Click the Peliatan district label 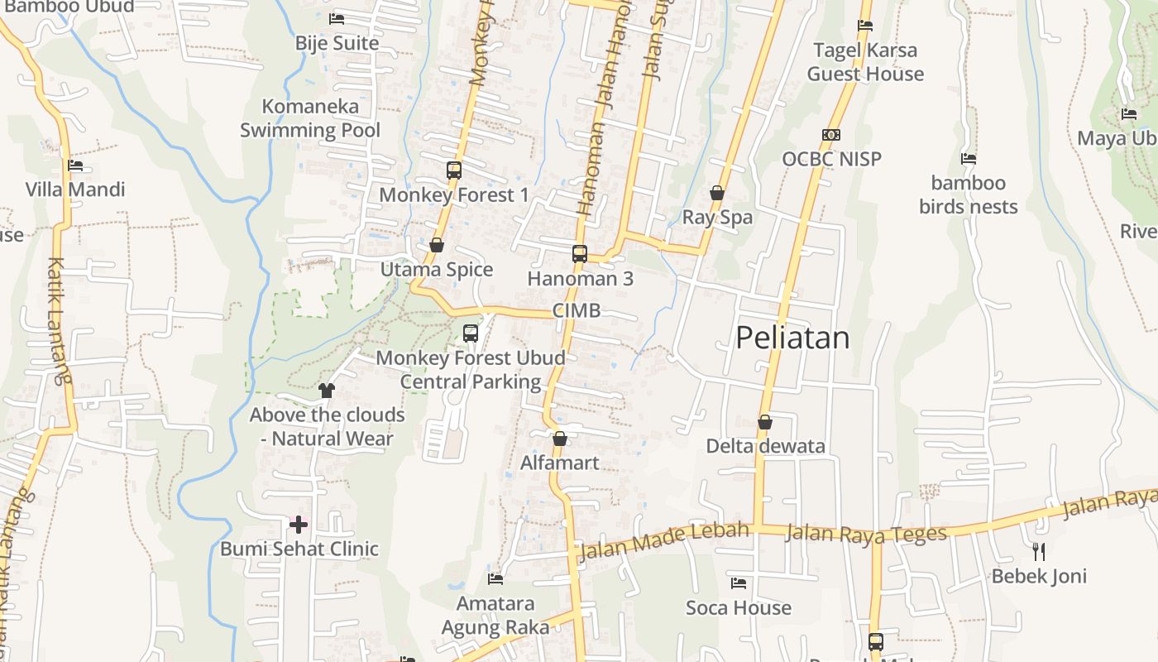(792, 338)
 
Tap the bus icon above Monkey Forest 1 (454, 170)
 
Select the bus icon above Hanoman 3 (580, 254)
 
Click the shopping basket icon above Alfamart (560, 439)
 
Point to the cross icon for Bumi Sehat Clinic (299, 524)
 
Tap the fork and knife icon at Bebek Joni (1039, 551)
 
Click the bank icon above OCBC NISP (831, 135)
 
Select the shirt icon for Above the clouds (327, 390)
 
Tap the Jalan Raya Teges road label (865, 534)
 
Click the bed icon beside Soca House (739, 583)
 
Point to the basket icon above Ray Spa (717, 193)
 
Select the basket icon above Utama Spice (437, 245)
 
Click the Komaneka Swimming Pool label (310, 118)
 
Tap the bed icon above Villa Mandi (75, 165)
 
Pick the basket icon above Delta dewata (765, 422)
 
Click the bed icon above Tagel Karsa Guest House (865, 26)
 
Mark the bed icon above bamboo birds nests (969, 158)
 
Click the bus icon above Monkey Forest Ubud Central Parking (471, 333)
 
